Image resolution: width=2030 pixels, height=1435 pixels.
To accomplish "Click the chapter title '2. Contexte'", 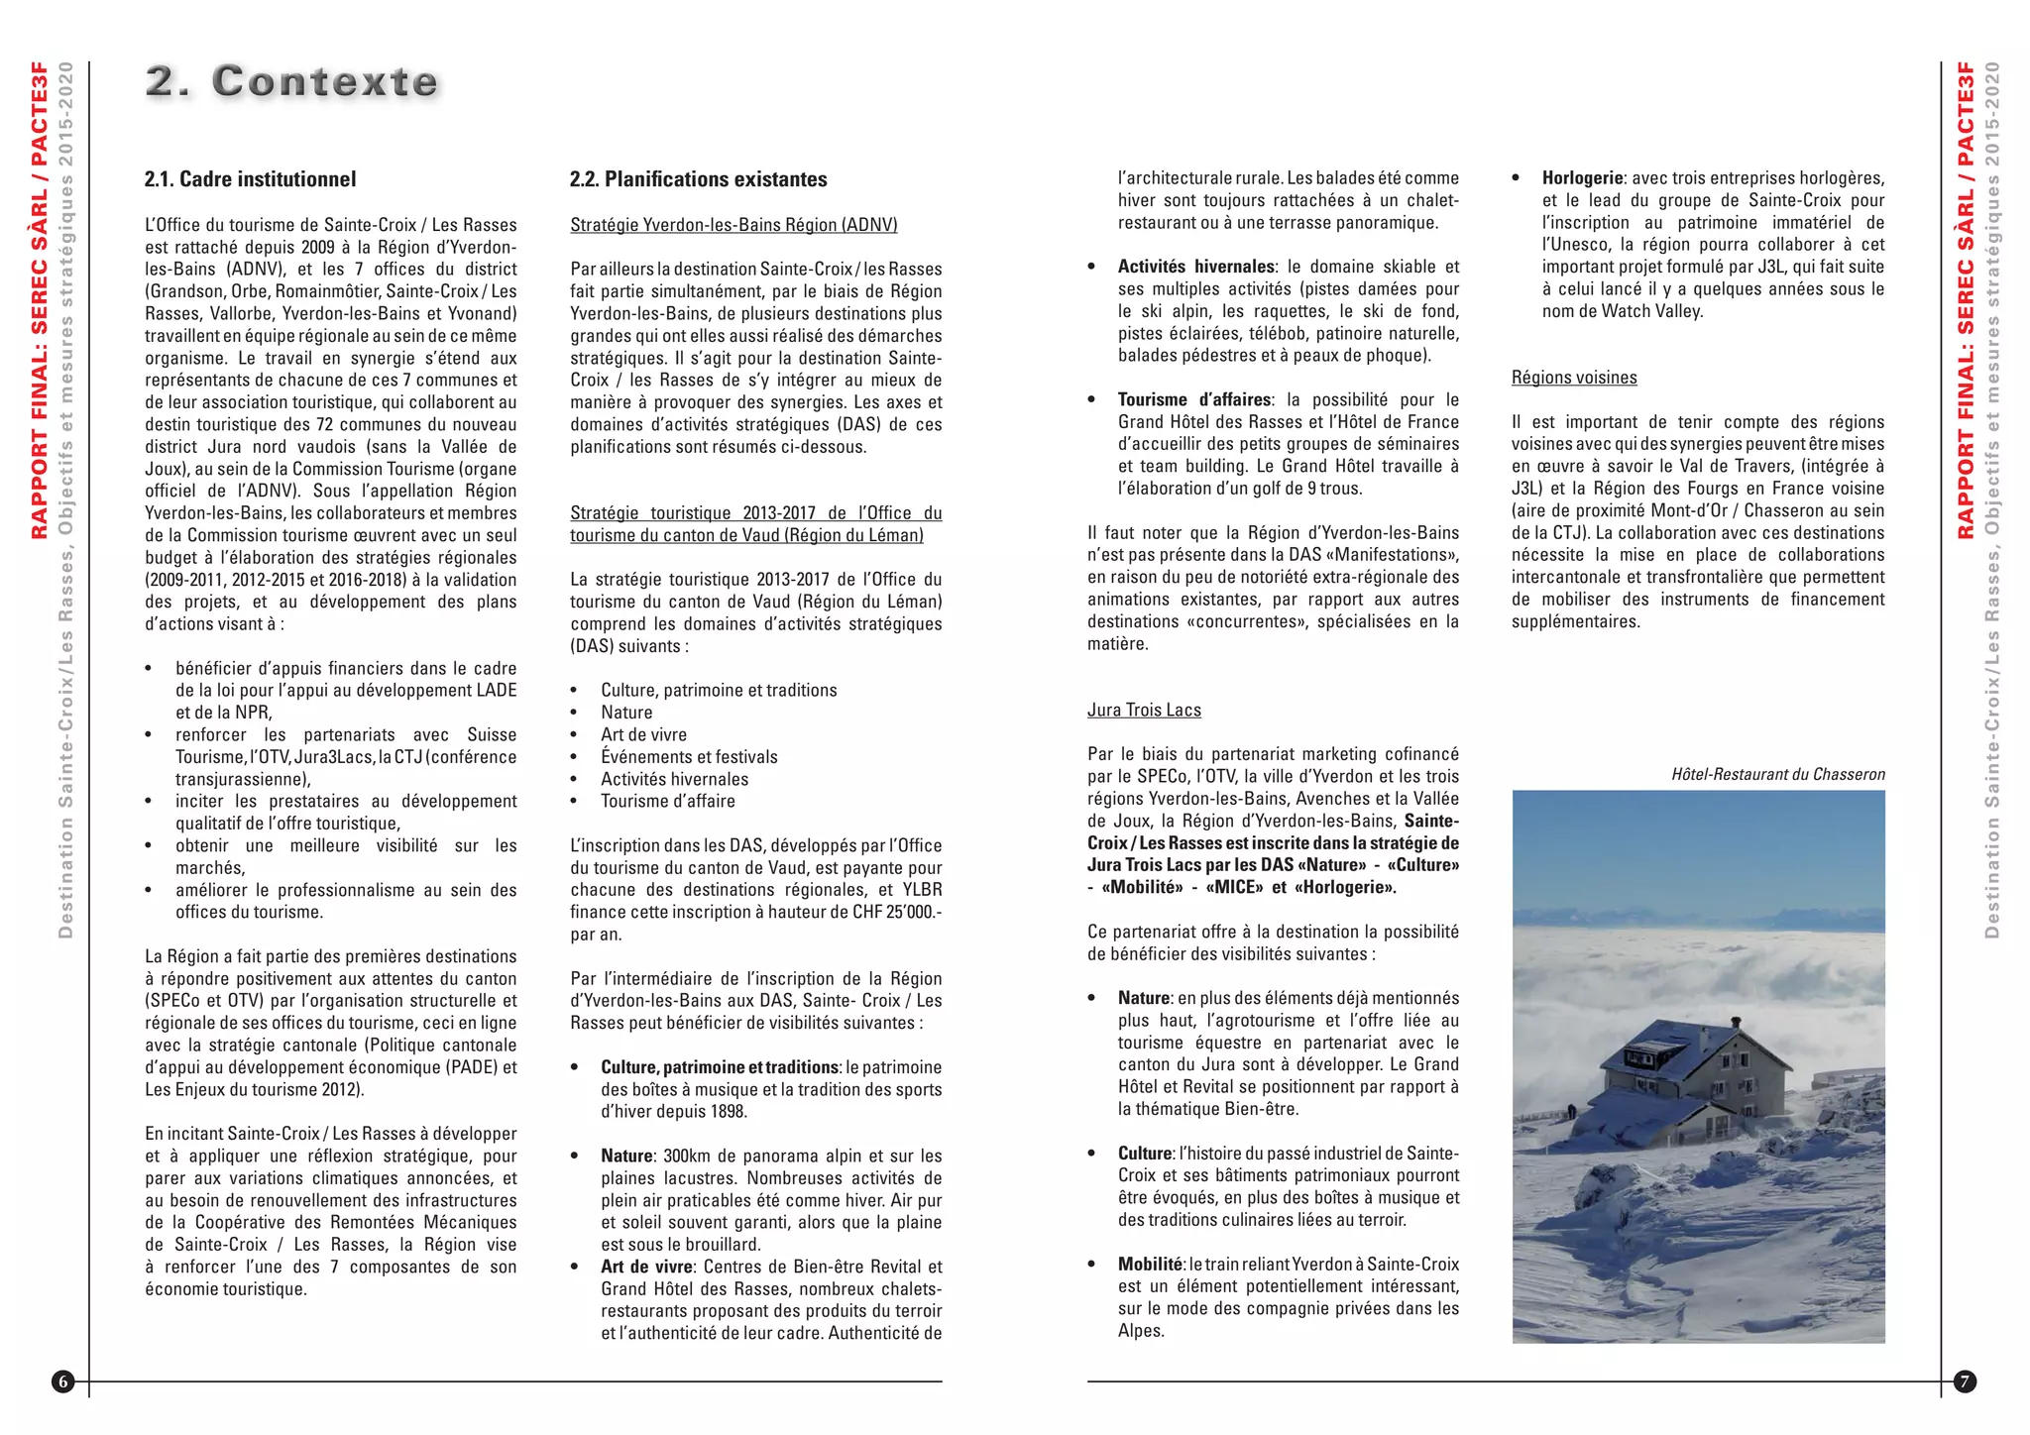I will pos(291,81).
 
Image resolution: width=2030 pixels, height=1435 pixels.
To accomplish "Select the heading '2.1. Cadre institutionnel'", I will pos(250,179).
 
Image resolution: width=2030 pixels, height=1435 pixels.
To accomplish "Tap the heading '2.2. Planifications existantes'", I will pos(698,179).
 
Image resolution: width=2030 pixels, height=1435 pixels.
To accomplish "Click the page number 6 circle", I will pos(63,1381).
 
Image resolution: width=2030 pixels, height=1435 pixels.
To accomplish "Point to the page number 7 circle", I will pos(1965,1381).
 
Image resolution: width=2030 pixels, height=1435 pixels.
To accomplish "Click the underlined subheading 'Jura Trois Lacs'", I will pos(1144,711).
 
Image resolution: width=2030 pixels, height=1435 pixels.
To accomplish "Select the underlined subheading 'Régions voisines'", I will pos(1574,378).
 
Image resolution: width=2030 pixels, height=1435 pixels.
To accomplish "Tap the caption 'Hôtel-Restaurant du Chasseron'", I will pos(1778,775).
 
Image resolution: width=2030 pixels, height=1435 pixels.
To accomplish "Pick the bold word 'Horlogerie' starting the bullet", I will pos(1582,178).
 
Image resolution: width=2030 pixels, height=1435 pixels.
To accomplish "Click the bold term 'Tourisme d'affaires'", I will pos(1193,400).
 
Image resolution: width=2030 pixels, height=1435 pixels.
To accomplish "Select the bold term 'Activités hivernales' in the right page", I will pos(1195,267).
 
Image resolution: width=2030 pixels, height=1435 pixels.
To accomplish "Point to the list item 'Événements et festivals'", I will pos(689,757).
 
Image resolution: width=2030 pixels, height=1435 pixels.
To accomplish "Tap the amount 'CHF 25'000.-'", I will pos(896,912).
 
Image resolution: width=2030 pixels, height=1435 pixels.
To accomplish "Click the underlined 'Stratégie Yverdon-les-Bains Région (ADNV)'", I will pos(733,225).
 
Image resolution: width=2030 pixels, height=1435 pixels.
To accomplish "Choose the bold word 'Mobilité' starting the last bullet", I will pos(1150,1265).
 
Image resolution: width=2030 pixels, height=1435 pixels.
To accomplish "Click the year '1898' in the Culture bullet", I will pos(727,1112).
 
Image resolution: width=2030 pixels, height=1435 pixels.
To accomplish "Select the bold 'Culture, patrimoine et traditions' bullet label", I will pos(720,1067).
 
